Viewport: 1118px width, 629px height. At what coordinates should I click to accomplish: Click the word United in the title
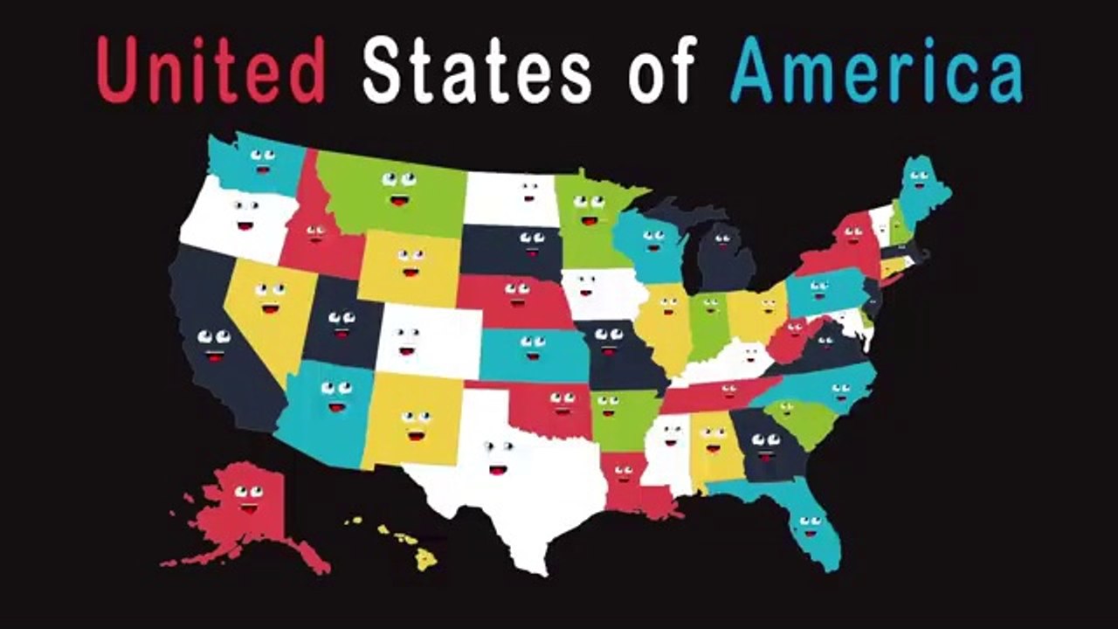[x=210, y=71]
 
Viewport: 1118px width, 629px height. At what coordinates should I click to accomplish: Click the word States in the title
[x=477, y=71]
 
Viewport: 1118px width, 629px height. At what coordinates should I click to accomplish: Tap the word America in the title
[x=876, y=71]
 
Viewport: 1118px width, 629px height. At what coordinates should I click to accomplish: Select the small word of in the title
[x=661, y=73]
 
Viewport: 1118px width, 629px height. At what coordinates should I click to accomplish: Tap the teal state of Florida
[x=808, y=524]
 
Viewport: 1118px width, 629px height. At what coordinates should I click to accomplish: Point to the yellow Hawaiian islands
[x=406, y=542]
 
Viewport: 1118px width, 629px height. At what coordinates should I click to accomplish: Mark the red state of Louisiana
[x=629, y=489]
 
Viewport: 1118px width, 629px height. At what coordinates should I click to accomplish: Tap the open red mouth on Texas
[x=498, y=469]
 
